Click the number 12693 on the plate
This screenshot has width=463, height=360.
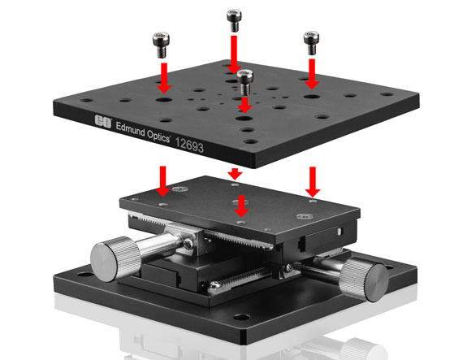point(189,145)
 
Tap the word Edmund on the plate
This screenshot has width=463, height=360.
point(131,129)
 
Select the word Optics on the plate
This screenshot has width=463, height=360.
point(158,137)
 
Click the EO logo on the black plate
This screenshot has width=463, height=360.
point(103,122)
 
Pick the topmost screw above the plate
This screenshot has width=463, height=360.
point(234,20)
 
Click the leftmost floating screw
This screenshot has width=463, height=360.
point(161,45)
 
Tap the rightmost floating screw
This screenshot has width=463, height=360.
point(311,43)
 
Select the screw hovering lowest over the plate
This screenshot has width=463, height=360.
point(245,82)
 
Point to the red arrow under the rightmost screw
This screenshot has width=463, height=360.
point(312,74)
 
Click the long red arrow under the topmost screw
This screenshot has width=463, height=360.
point(234,54)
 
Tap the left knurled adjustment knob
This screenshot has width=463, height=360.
point(115,258)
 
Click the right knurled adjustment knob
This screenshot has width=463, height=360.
point(364,280)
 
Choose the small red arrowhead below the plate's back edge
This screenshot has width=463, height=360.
point(235,174)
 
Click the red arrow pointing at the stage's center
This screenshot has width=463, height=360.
point(241,206)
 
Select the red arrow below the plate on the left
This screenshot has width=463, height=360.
point(163,181)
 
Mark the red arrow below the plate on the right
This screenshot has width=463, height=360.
point(313,182)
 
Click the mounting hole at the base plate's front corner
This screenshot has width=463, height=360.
point(242,318)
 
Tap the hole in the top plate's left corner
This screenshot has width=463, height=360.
point(86,101)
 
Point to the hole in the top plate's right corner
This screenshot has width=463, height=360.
point(387,94)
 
